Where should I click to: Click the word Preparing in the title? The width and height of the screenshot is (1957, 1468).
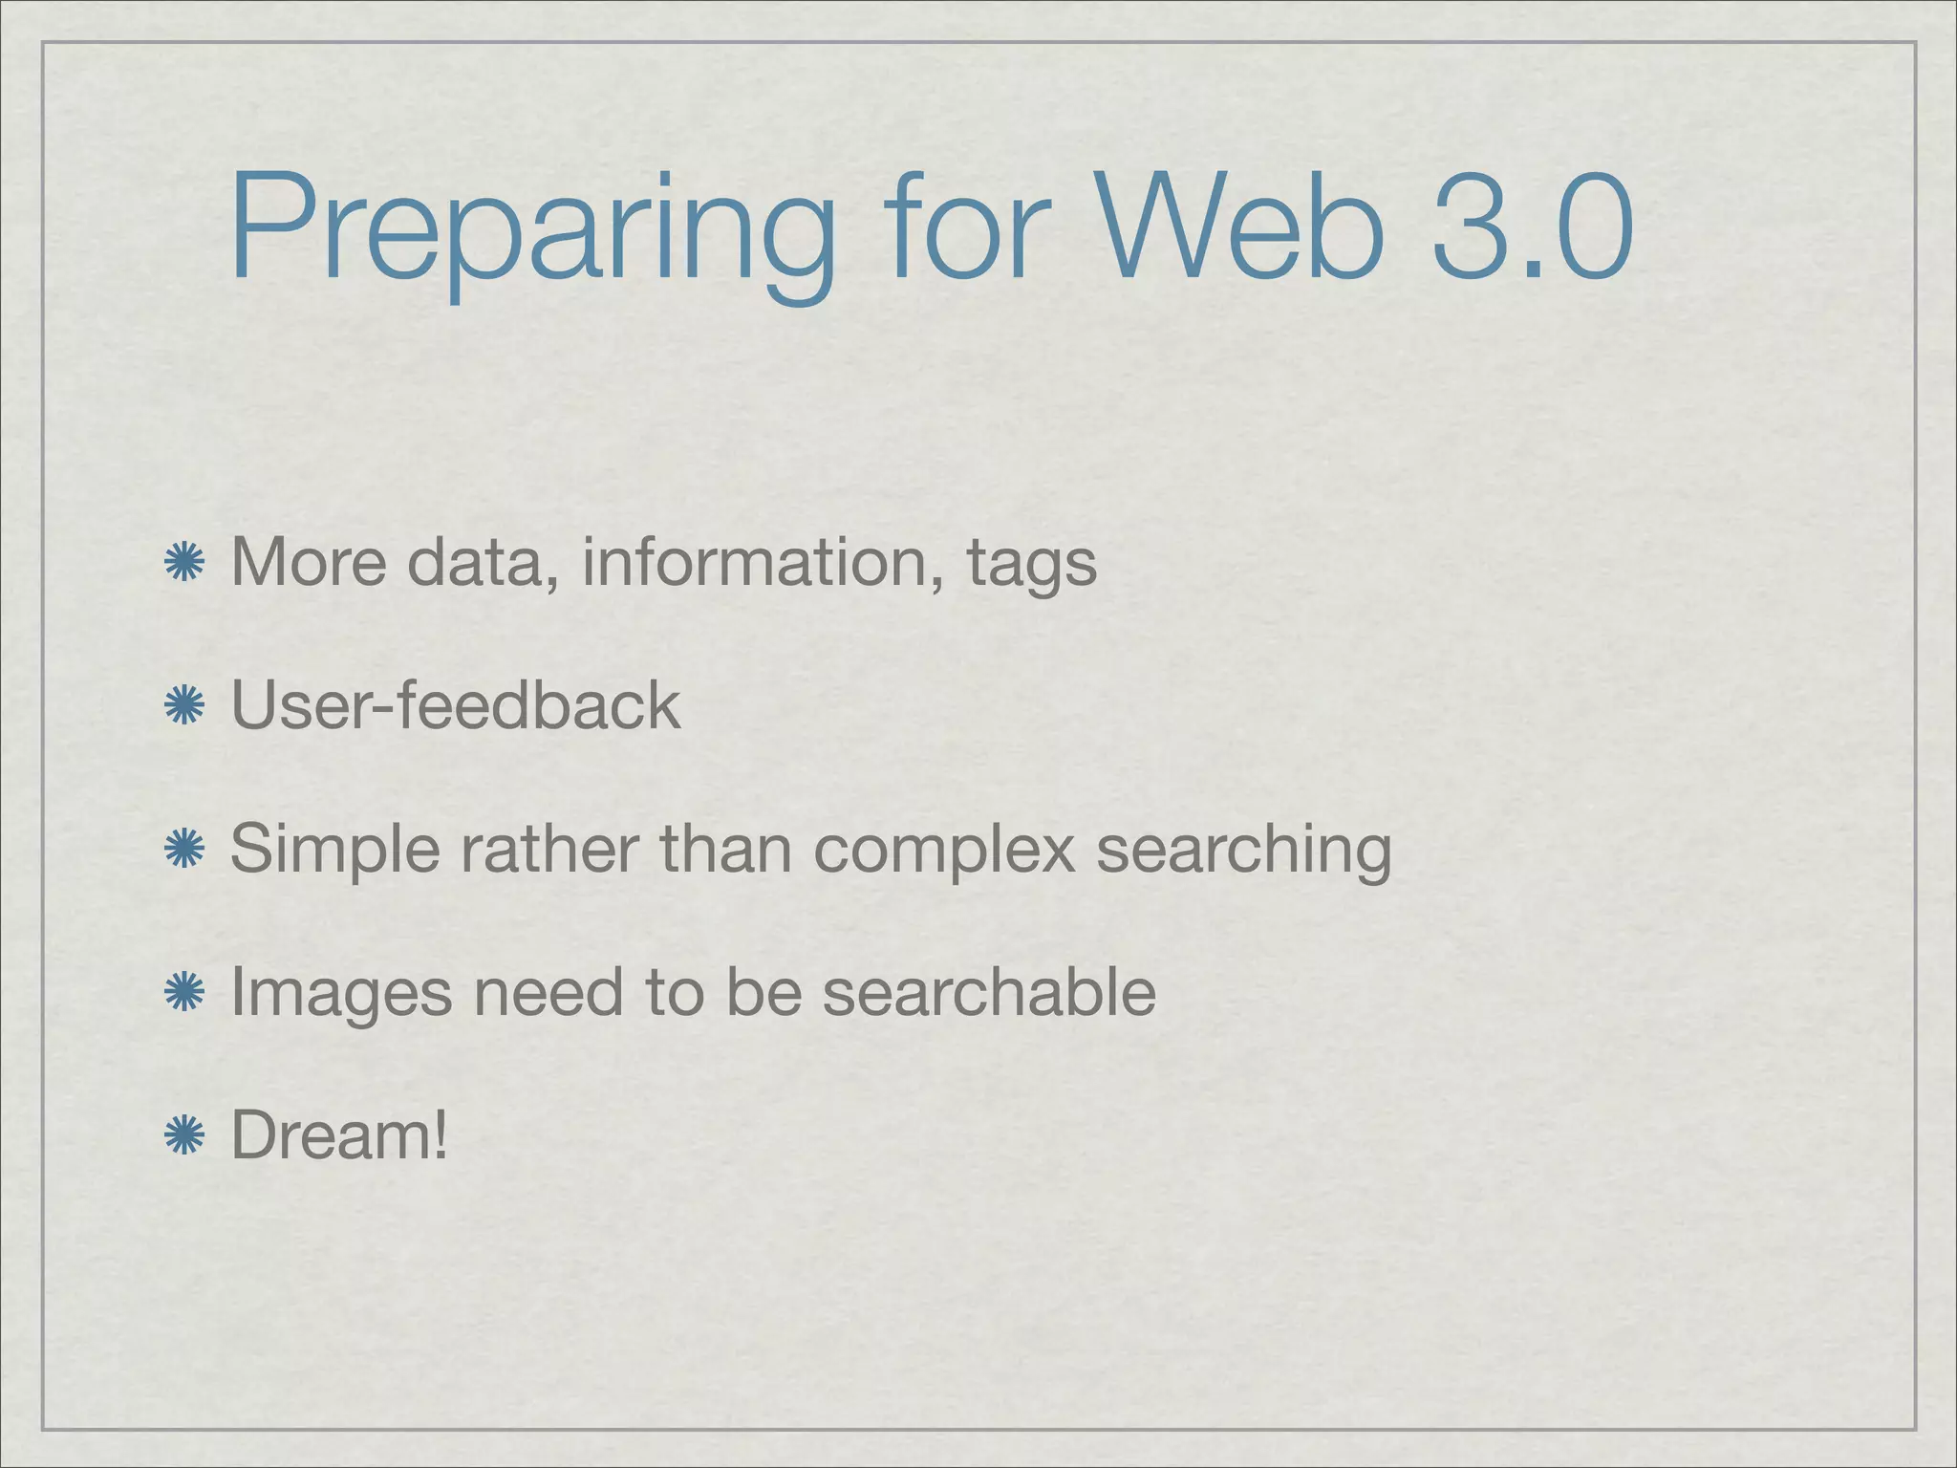[531, 229]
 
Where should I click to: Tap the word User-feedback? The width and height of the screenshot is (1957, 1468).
[456, 706]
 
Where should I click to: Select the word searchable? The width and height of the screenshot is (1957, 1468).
[989, 993]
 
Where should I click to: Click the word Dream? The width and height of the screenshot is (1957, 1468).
[339, 1136]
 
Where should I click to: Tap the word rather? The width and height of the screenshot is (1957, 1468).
[548, 850]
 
